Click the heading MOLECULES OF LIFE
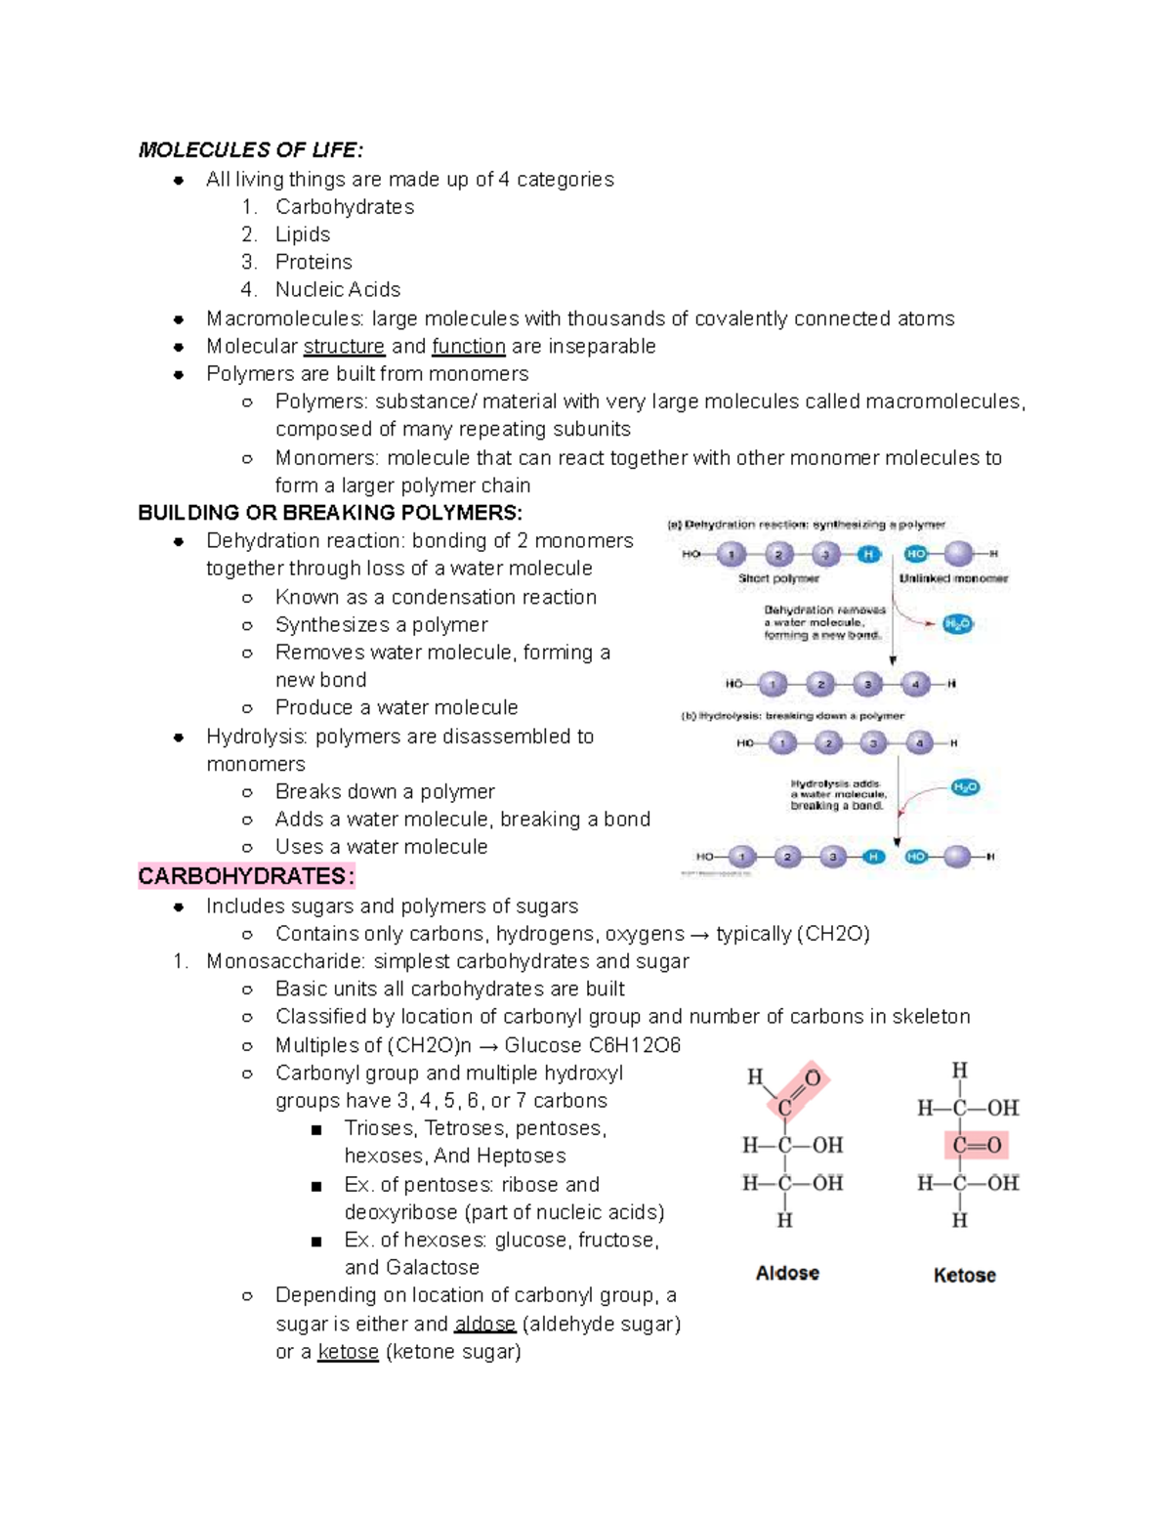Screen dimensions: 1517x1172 (250, 149)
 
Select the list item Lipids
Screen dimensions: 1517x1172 (303, 234)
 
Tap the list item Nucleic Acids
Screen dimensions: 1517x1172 (338, 289)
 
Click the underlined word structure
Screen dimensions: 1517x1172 (344, 347)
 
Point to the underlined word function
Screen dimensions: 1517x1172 (469, 347)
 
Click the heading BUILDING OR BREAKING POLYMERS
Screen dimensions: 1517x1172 (330, 513)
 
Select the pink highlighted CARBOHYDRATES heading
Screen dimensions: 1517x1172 (246, 876)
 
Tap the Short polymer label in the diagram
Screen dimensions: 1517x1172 (778, 578)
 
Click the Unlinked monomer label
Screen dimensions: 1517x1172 (953, 578)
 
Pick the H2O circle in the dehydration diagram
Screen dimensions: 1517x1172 (958, 624)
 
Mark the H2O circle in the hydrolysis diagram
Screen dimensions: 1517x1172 (965, 787)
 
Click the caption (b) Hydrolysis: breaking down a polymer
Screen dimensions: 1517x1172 (792, 716)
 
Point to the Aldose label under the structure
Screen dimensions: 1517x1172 (787, 1273)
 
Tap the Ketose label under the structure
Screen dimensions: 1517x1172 (964, 1275)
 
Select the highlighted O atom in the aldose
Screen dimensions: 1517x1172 (813, 1078)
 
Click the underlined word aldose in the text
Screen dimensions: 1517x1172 (484, 1325)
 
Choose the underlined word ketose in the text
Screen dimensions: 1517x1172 (348, 1352)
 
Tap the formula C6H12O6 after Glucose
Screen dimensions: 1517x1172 (634, 1045)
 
